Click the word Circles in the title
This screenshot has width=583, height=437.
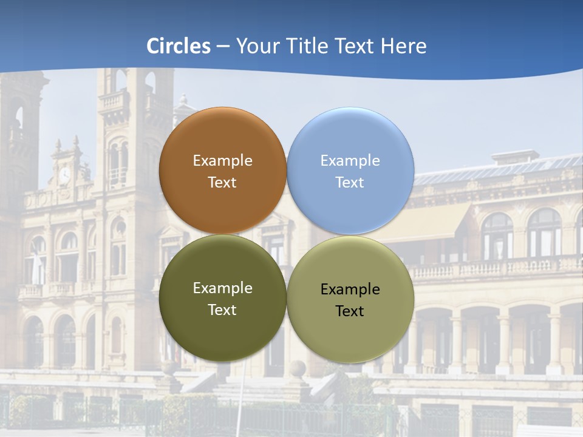coord(179,46)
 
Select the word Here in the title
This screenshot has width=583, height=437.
coord(404,46)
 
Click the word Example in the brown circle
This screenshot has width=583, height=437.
coord(222,161)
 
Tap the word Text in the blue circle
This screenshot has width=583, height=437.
coord(350,183)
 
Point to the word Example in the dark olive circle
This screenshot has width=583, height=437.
coord(222,288)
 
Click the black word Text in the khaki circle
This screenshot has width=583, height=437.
coord(350,311)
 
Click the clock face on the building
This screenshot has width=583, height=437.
coord(64,175)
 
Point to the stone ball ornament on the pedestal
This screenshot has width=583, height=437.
coord(298,368)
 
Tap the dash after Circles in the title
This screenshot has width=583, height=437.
coord(223,47)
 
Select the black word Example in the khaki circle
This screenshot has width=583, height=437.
coord(350,290)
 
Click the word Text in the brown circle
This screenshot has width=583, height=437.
coord(222,183)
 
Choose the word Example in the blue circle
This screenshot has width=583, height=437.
coord(350,161)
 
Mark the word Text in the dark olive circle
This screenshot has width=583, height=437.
coord(222,310)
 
